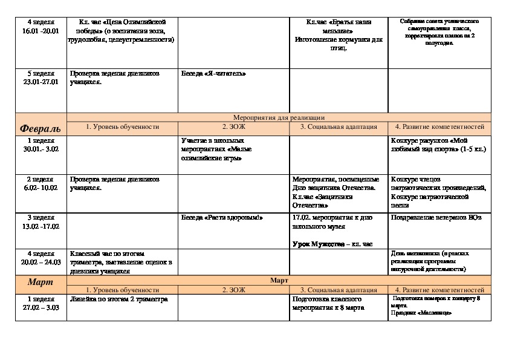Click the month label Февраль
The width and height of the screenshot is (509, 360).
[41, 129]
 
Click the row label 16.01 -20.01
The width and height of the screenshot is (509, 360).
[41, 31]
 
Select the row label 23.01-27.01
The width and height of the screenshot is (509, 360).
[41, 82]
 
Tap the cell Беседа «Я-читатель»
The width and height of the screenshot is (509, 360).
[214, 74]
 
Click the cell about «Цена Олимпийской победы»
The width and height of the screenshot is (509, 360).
[122, 31]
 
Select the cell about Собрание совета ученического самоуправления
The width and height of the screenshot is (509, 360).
[439, 32]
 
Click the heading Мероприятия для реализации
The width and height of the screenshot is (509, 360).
[279, 117]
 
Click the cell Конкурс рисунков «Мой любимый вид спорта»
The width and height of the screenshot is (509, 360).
[438, 145]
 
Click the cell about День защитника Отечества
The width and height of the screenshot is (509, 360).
[336, 192]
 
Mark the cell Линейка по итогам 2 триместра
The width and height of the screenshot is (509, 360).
[119, 299]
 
